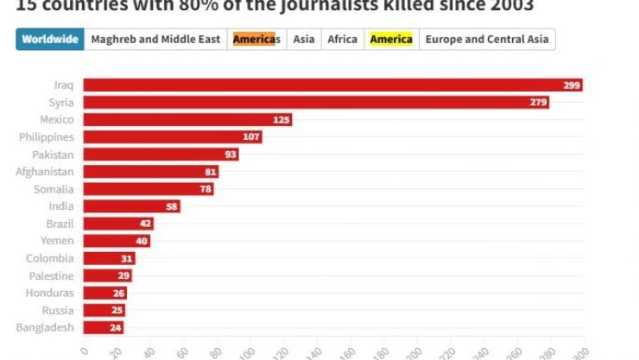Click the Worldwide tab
[50, 40]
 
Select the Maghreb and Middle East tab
[155, 40]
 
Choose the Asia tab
[303, 40]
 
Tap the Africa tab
[342, 40]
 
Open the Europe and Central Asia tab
[487, 40]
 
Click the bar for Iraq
[332, 85]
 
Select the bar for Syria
[316, 103]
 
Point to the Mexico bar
[187, 120]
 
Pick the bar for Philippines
[173, 137]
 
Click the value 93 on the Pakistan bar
[230, 155]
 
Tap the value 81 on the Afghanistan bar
[210, 172]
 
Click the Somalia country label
[54, 189]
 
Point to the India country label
[61, 206]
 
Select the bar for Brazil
[118, 224]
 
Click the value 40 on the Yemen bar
[142, 241]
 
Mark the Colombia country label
[50, 258]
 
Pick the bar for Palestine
[108, 275]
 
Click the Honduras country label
[50, 293]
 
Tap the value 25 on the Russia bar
[117, 310]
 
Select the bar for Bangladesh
[104, 327]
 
